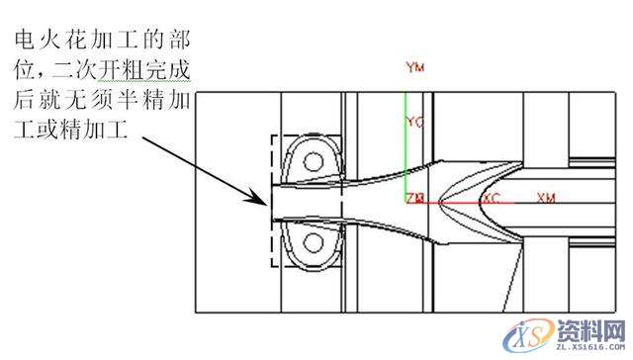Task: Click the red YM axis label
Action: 414,67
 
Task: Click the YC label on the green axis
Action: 414,122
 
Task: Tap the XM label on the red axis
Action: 546,198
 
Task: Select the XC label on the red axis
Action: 492,199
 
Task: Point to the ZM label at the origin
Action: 415,199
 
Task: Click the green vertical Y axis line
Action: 406,148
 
